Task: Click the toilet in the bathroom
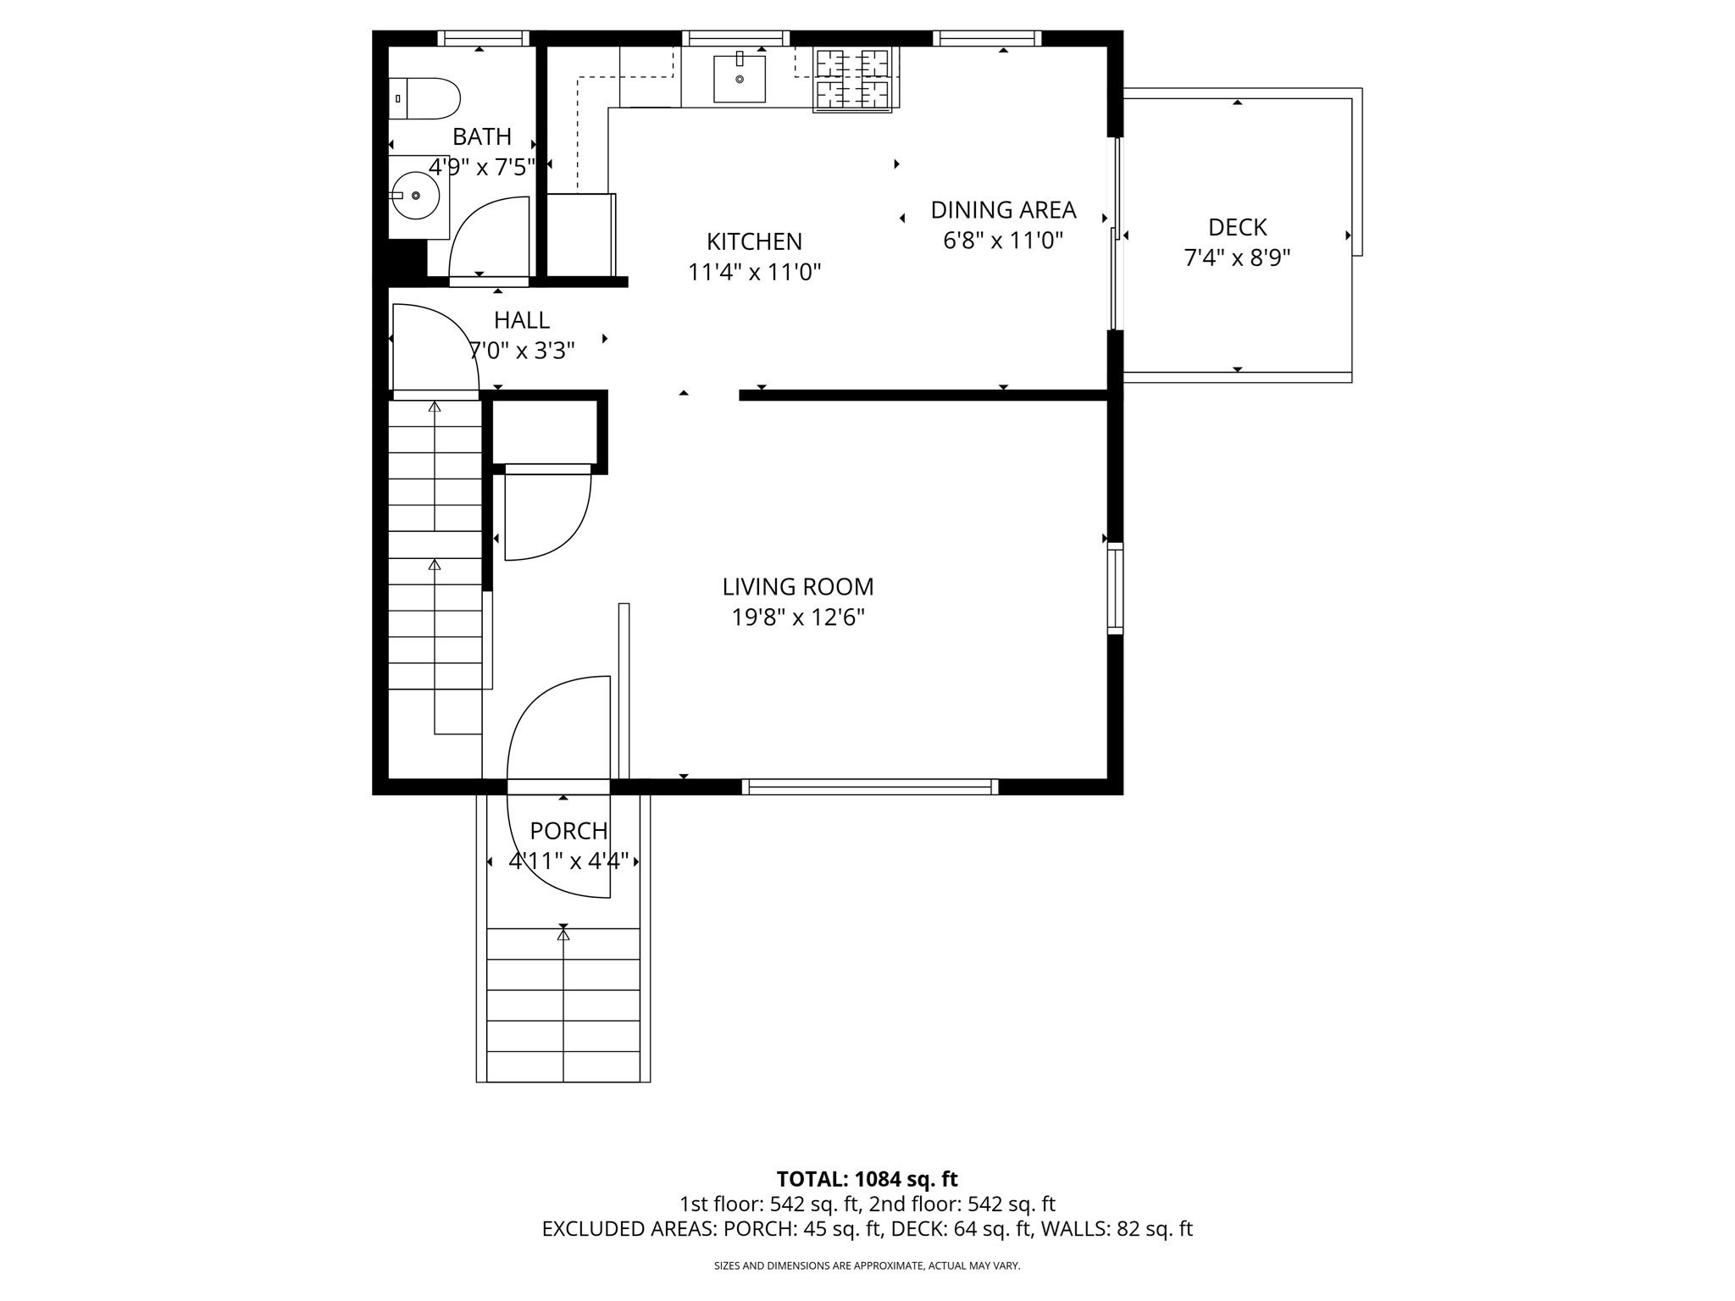point(425,98)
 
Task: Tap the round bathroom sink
point(415,196)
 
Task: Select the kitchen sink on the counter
point(740,79)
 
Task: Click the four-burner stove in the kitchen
point(851,80)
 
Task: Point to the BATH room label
point(481,136)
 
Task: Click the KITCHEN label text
point(754,242)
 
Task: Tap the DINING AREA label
point(1003,210)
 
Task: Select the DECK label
point(1237,227)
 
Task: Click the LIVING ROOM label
point(797,587)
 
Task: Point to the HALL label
point(522,320)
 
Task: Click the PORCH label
point(568,831)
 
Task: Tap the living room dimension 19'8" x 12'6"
point(797,618)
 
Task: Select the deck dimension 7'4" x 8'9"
point(1237,258)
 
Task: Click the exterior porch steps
point(563,1004)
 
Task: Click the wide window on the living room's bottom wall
point(870,787)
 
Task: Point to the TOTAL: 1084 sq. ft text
point(867,1179)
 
